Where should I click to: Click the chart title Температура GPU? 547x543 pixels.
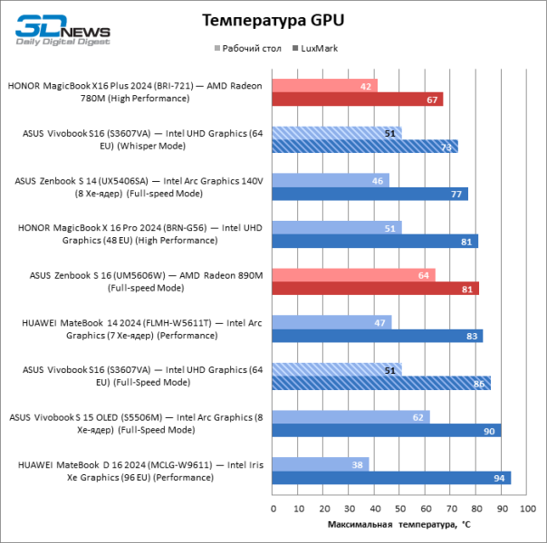tap(273, 19)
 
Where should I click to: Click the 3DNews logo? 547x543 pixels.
tap(63, 29)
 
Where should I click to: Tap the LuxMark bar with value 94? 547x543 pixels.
tap(391, 478)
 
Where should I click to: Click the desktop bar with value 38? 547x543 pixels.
tap(321, 463)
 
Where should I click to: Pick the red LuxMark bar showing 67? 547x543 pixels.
tap(358, 100)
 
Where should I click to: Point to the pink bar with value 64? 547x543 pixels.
tap(353, 274)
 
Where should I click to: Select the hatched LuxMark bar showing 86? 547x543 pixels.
tap(381, 384)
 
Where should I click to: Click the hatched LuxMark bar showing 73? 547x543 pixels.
tap(365, 147)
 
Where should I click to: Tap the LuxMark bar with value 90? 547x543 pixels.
tap(387, 431)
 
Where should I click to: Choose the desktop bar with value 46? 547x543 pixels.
tap(331, 180)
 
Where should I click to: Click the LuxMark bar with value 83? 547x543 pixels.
tap(378, 336)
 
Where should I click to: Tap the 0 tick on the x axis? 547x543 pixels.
tap(273, 509)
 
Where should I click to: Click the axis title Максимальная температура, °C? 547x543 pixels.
tap(399, 524)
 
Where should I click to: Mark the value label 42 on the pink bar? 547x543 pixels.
tap(367, 86)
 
